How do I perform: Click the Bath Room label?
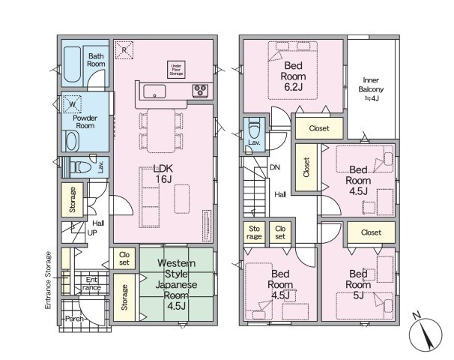click(96, 60)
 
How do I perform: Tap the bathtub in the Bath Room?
click(72, 64)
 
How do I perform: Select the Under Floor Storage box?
click(176, 70)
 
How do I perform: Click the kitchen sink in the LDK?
click(154, 91)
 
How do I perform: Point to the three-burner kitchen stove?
click(200, 91)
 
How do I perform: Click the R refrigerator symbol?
click(124, 50)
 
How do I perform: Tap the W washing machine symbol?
click(72, 104)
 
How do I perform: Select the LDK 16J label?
click(163, 173)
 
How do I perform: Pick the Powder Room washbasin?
click(72, 141)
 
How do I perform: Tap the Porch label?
click(74, 319)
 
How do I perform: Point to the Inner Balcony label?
click(371, 89)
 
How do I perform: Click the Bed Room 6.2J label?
click(293, 76)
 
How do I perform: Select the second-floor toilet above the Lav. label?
click(254, 129)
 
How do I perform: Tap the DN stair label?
click(275, 167)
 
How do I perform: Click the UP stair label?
click(92, 232)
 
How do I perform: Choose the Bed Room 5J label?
click(358, 285)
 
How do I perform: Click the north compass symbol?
click(426, 332)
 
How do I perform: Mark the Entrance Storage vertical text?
click(48, 280)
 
